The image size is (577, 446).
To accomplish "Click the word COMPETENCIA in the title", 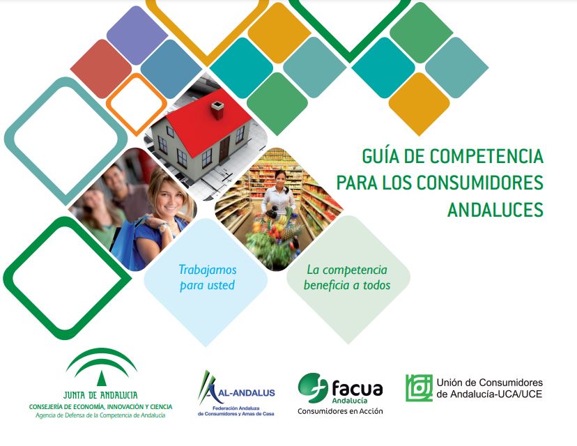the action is click(x=487, y=156).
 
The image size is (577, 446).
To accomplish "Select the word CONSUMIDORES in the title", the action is click(x=480, y=183).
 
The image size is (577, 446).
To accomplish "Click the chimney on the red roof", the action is click(x=217, y=109).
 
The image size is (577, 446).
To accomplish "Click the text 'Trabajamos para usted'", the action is click(x=207, y=277).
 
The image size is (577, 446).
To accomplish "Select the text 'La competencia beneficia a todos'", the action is click(x=347, y=277).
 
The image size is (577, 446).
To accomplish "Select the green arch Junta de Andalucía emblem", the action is click(x=101, y=368).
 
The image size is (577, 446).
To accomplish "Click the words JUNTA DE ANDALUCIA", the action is click(x=100, y=395).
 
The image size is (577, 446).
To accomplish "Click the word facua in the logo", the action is click(x=357, y=388).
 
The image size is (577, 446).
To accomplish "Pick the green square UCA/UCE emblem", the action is click(x=419, y=388).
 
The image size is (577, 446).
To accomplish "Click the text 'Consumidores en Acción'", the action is click(x=340, y=411).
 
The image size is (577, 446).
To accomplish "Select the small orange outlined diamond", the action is click(x=137, y=105).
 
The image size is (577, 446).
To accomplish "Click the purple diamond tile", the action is click(x=137, y=36).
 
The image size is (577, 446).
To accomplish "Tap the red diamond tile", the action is click(x=101, y=68).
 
